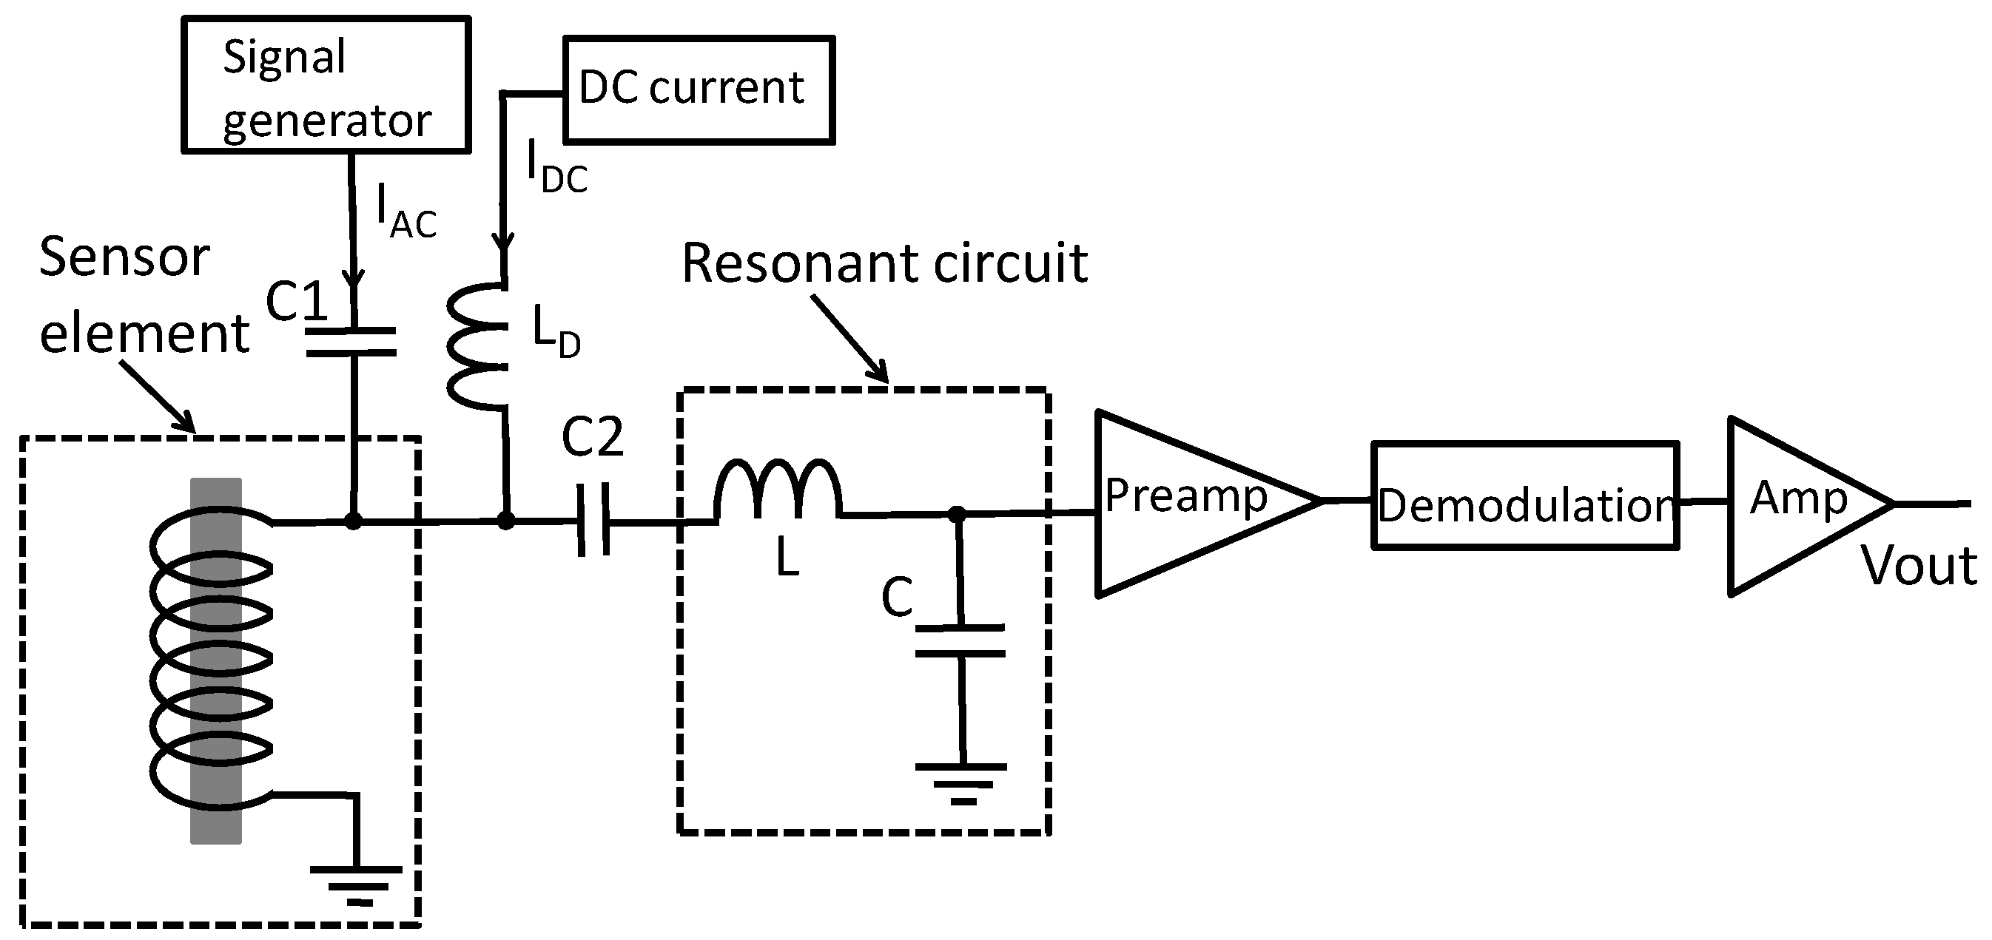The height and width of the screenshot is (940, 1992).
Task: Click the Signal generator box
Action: click(326, 85)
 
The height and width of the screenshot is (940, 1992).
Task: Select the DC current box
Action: click(699, 89)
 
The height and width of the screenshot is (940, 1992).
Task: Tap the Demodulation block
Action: click(1525, 496)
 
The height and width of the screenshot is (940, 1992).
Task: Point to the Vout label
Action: click(1918, 566)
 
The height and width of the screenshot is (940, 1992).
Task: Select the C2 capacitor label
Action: click(591, 437)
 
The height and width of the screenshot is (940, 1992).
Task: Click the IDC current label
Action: click(556, 169)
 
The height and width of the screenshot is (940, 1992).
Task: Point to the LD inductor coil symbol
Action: click(477, 345)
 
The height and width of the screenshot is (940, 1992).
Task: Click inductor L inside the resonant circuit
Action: click(777, 490)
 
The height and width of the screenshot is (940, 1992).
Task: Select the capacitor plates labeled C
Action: click(960, 640)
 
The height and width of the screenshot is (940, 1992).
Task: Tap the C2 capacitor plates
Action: click(594, 519)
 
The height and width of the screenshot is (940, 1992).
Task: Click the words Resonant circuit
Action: click(884, 263)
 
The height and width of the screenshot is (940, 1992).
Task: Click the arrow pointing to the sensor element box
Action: click(158, 395)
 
